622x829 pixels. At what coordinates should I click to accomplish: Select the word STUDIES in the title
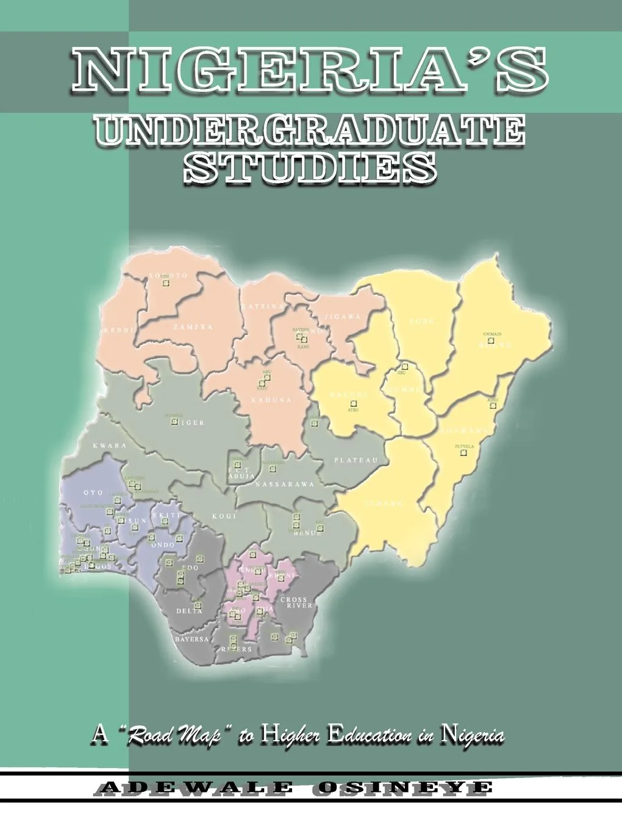310,166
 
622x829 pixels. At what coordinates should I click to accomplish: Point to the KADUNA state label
271,400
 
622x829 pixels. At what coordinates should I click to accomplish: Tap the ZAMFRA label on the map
193,327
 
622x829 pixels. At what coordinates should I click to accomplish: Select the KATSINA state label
262,306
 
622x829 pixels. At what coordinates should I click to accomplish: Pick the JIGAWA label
343,316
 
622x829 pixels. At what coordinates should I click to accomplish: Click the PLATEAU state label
357,460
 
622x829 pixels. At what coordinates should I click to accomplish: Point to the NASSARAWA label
284,485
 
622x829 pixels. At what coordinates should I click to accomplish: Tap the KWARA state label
110,446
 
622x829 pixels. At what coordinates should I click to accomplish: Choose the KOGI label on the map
223,516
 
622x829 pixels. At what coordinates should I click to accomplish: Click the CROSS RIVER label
296,603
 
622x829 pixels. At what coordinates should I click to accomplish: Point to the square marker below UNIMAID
491,340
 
